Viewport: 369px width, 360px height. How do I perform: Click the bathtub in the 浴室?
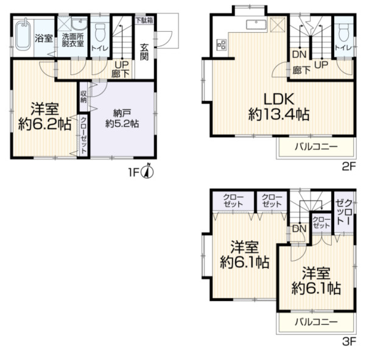click(x=23, y=35)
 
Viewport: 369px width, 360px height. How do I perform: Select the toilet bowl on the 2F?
click(x=343, y=32)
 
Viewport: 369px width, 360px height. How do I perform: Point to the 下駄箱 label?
click(x=144, y=20)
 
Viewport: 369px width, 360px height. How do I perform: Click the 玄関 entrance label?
click(x=144, y=52)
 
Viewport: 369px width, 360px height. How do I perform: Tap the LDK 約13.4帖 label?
click(x=279, y=107)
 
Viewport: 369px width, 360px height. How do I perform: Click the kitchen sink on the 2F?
click(x=256, y=25)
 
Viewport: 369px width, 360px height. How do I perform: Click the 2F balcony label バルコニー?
click(x=316, y=147)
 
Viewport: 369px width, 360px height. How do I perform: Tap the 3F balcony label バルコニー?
click(x=316, y=322)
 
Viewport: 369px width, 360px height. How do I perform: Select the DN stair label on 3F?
click(x=300, y=228)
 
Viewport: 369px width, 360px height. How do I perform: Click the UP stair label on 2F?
click(x=322, y=65)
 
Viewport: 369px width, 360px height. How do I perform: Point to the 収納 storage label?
click(x=83, y=96)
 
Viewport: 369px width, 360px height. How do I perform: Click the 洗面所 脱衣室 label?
click(x=73, y=40)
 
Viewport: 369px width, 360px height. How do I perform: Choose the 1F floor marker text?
click(x=133, y=173)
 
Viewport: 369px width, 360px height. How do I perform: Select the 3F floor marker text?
click(x=349, y=341)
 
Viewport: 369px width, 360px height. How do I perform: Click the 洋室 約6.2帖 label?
click(x=44, y=116)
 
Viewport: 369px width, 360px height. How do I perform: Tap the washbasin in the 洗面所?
click(x=79, y=24)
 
